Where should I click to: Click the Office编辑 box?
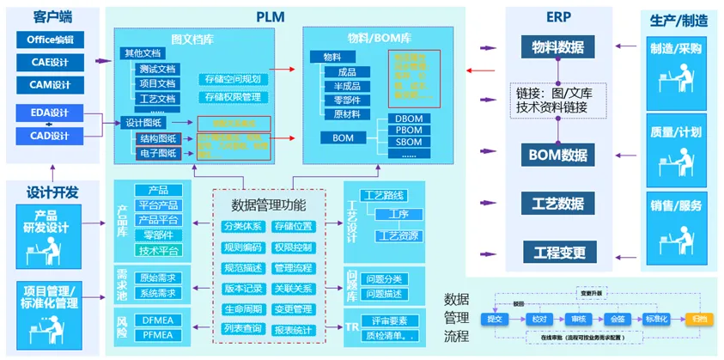click(x=50, y=40)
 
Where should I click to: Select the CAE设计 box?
click(x=50, y=62)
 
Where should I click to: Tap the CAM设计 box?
click(x=50, y=84)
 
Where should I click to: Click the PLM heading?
click(x=271, y=16)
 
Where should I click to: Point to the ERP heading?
click(x=557, y=16)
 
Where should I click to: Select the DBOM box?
click(x=409, y=119)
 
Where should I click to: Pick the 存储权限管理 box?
click(x=234, y=97)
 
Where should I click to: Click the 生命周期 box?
click(x=242, y=309)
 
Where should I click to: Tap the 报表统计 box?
click(x=294, y=330)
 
